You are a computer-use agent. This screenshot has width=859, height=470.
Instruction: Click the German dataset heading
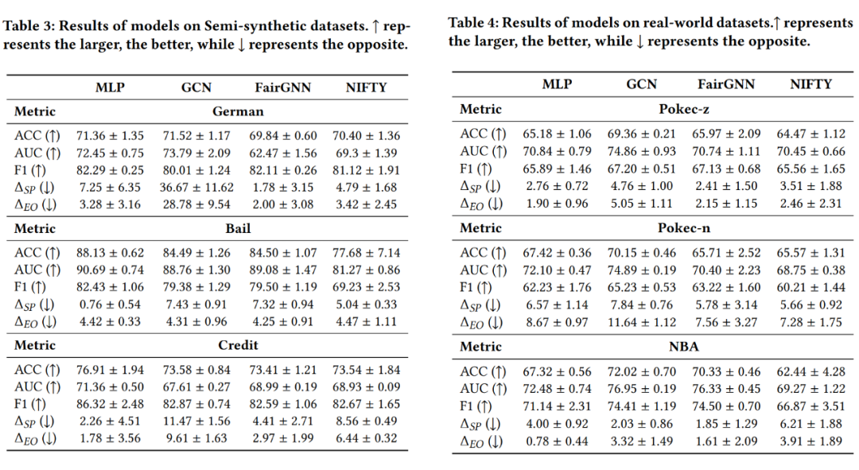click(x=238, y=111)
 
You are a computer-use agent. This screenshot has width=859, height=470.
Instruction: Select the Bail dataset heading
click(x=238, y=228)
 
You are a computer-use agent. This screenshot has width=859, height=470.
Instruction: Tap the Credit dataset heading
click(x=238, y=345)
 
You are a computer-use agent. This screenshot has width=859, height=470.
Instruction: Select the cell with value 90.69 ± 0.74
click(x=110, y=270)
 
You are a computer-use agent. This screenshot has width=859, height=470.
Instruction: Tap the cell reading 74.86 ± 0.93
click(x=641, y=151)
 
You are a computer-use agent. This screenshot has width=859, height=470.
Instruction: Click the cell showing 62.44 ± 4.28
click(x=810, y=371)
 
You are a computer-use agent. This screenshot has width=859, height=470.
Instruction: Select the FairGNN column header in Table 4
click(x=726, y=84)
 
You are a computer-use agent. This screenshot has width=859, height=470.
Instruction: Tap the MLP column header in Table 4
click(x=557, y=84)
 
